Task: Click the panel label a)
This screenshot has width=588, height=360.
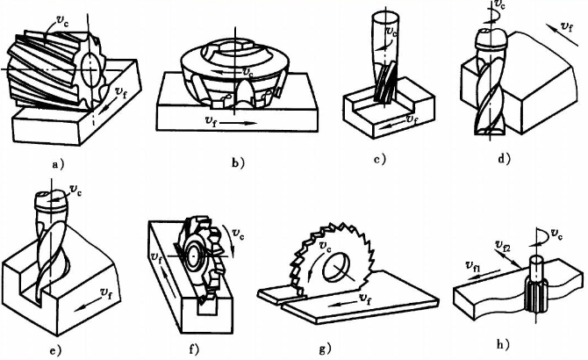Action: coord(58,163)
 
